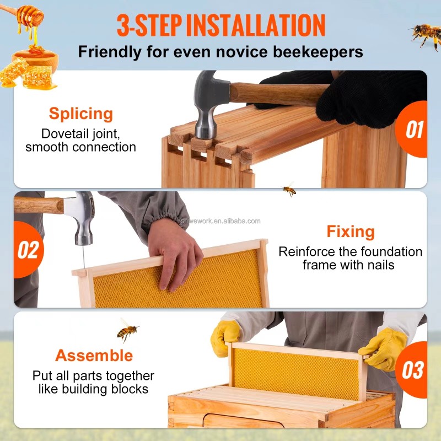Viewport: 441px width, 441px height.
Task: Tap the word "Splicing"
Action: click(80, 114)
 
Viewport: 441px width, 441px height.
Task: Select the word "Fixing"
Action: click(351, 231)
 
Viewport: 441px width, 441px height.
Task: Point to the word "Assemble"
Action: click(94, 355)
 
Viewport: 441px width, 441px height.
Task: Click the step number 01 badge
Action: click(415, 130)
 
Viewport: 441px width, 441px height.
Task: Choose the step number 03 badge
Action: click(414, 369)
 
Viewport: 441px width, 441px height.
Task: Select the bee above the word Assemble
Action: click(127, 331)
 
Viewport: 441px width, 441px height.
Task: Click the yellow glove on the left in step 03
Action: click(225, 336)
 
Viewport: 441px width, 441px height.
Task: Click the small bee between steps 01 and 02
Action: click(289, 190)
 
